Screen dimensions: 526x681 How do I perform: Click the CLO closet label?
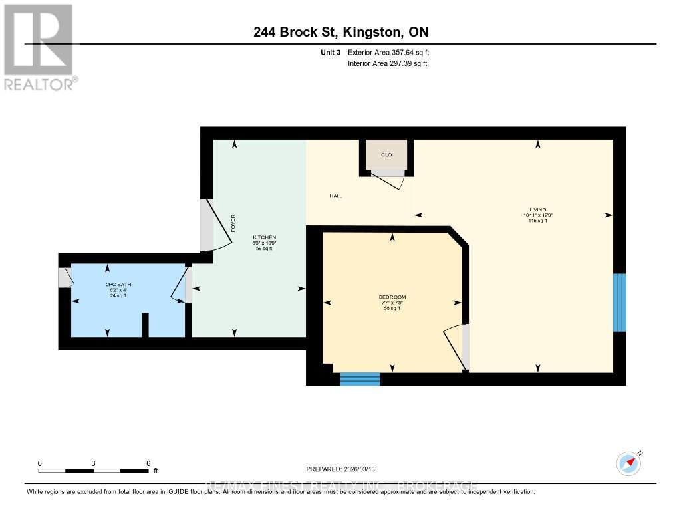(386, 155)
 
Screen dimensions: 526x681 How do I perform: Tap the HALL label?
(337, 196)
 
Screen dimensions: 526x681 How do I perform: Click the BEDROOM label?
(392, 297)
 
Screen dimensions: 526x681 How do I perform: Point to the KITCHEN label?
(264, 237)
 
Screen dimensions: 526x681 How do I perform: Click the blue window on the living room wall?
(619, 303)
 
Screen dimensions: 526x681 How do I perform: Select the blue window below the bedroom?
(360, 379)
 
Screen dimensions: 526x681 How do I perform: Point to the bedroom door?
(456, 346)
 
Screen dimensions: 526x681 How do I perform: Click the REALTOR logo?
(39, 47)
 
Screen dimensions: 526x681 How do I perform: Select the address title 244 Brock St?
(340, 33)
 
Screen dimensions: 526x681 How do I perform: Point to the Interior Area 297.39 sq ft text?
(387, 63)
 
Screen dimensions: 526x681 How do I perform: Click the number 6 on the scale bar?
(148, 463)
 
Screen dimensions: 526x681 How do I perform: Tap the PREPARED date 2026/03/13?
(345, 469)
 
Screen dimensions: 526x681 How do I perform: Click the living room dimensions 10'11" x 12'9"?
(537, 215)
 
